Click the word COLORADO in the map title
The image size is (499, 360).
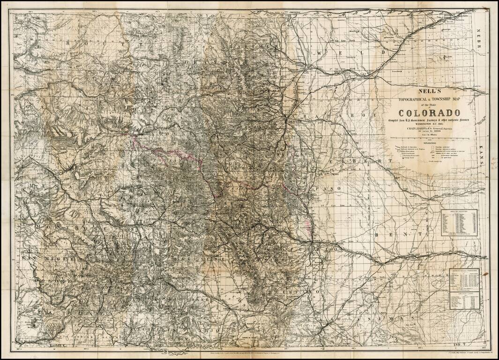429,113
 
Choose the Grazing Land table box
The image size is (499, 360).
464,300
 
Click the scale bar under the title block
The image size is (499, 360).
429,140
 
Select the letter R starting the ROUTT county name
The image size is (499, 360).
70,43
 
